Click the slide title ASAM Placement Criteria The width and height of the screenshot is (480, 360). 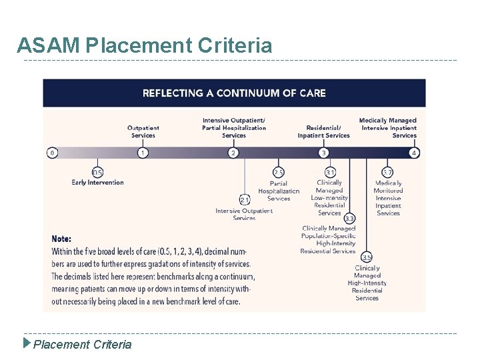[x=145, y=45]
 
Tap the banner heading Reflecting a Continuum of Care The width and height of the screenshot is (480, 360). [x=234, y=93]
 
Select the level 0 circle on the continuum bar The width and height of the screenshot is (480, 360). [x=52, y=153]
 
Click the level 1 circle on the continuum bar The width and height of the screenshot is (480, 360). [x=143, y=153]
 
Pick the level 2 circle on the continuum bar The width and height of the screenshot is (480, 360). [x=233, y=153]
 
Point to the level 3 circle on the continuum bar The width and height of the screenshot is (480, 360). [x=323, y=153]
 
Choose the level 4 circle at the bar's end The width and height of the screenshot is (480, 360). [x=414, y=153]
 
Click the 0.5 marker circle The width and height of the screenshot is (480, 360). [x=97, y=173]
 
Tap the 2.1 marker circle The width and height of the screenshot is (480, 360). [x=244, y=200]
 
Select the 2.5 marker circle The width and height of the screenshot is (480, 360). [x=279, y=173]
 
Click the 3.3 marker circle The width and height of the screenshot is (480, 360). [x=349, y=218]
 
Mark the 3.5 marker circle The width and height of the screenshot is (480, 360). [x=367, y=257]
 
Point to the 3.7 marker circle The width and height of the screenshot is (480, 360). [x=387, y=173]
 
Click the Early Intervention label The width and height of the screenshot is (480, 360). [x=97, y=183]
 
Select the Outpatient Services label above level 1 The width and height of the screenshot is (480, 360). [x=143, y=131]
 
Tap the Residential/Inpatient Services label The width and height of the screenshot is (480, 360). [x=323, y=131]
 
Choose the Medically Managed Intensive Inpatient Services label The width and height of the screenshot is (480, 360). [x=389, y=128]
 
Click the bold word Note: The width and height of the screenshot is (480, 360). [x=61, y=239]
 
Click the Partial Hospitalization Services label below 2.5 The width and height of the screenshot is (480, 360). [x=279, y=191]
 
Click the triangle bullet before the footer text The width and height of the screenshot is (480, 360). [x=27, y=344]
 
